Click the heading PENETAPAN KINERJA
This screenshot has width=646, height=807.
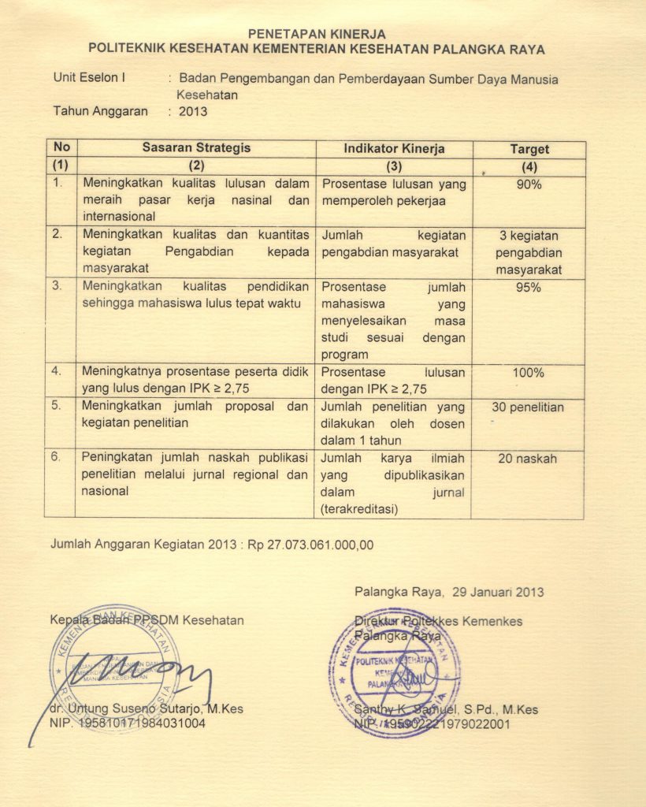[x=317, y=34]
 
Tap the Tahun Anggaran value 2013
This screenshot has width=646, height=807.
[x=193, y=111]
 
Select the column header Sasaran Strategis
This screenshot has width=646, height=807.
[x=196, y=148]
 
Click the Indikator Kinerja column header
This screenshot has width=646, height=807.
[x=394, y=149]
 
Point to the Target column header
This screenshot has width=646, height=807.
[x=529, y=149]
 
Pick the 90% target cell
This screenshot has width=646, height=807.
[x=529, y=184]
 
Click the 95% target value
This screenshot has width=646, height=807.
[x=529, y=288]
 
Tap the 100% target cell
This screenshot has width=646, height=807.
[x=529, y=373]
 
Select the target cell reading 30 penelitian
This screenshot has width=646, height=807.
[x=528, y=407]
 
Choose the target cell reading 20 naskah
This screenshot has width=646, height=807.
[x=528, y=459]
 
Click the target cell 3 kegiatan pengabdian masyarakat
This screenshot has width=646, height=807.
[x=528, y=252]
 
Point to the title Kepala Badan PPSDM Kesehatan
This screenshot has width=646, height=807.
[x=147, y=620]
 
